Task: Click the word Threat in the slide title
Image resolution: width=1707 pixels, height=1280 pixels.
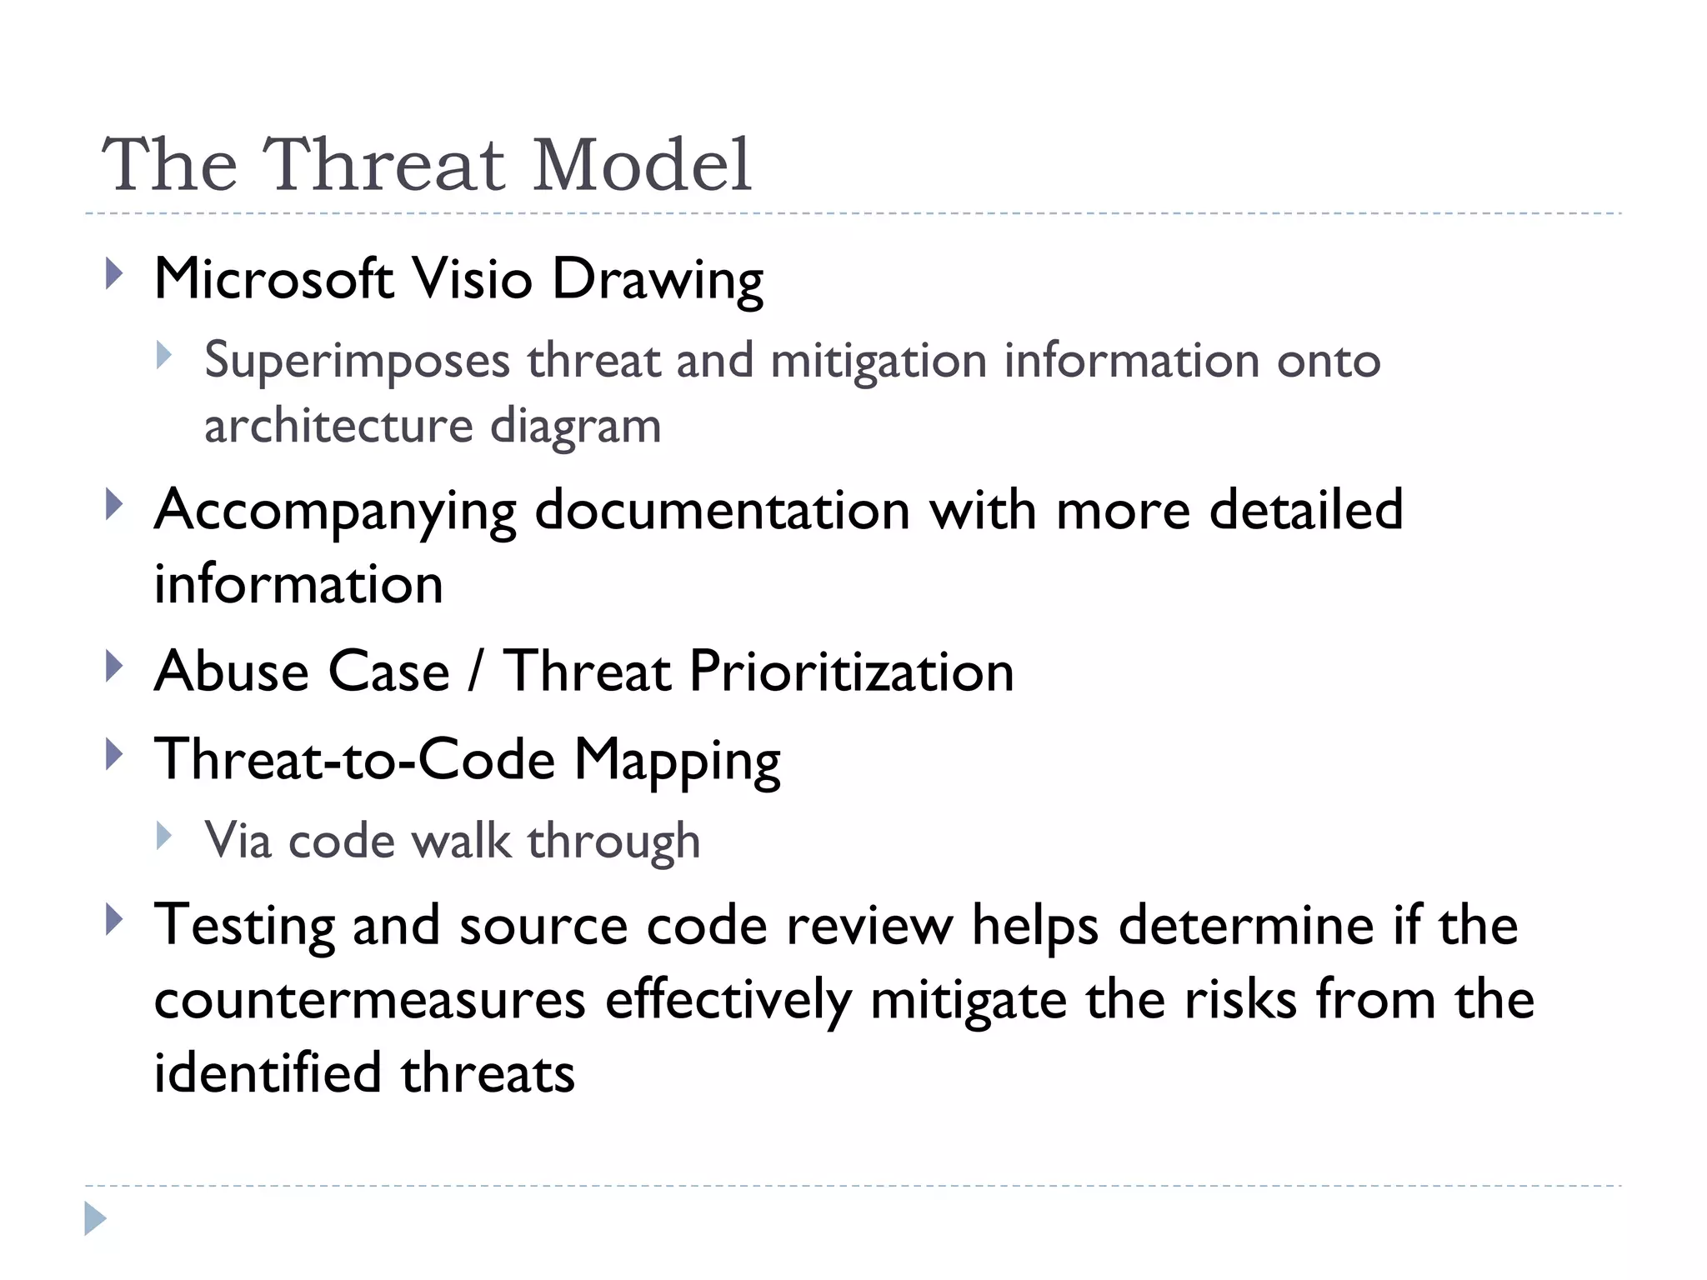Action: pos(383,165)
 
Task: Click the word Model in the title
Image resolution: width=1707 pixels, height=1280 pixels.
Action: pos(642,165)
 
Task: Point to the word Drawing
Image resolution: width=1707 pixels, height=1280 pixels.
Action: pos(657,280)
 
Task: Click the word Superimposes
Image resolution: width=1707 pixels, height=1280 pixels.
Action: pos(357,362)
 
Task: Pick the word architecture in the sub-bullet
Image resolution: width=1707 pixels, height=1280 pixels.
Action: pos(338,426)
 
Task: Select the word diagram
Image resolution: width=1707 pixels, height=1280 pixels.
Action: pos(575,427)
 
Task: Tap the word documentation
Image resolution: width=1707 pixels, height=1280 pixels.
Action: pos(722,509)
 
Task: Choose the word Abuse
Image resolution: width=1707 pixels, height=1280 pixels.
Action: pos(231,672)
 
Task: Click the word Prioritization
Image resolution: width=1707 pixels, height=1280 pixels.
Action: pos(851,672)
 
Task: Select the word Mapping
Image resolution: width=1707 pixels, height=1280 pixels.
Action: pos(677,761)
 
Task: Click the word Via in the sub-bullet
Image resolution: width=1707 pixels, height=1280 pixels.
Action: pos(238,840)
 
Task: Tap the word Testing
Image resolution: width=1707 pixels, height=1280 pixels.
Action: pos(243,926)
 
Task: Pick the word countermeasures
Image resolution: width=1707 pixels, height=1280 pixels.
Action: pos(369,999)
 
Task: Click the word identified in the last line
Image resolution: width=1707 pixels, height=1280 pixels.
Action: pos(267,1072)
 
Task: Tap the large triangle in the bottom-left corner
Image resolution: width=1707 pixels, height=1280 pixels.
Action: pos(95,1218)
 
